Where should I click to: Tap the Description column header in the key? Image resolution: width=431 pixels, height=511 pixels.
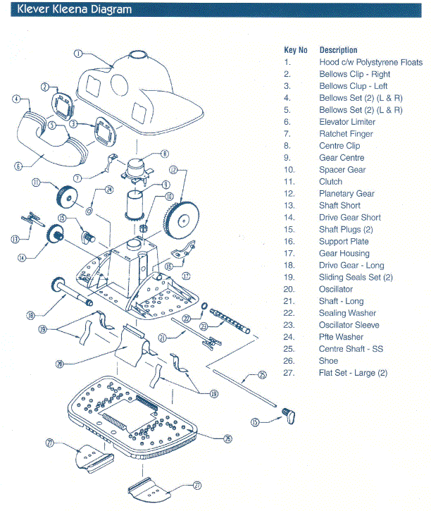[x=338, y=50]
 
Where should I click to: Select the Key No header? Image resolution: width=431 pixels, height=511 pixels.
[x=296, y=50]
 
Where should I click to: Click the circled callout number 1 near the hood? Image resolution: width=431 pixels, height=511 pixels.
[x=79, y=54]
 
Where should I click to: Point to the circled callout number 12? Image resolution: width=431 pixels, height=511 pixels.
[x=174, y=170]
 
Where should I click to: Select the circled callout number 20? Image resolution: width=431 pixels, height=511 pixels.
[x=61, y=364]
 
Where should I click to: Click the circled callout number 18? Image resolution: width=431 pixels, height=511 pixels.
[x=30, y=315]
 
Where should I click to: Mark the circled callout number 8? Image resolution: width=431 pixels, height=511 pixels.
[x=164, y=153]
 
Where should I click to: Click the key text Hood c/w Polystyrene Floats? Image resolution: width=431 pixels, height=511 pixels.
[x=370, y=62]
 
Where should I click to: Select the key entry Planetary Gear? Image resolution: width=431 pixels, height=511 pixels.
[x=346, y=193]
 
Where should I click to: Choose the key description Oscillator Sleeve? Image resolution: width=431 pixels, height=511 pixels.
[x=349, y=325]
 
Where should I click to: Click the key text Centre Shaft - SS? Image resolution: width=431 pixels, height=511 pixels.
[x=351, y=349]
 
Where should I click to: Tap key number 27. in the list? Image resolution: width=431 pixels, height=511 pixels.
[x=288, y=373]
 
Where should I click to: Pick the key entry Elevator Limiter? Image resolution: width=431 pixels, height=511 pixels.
[x=347, y=121]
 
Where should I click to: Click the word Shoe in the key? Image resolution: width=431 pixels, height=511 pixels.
[x=328, y=361]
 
